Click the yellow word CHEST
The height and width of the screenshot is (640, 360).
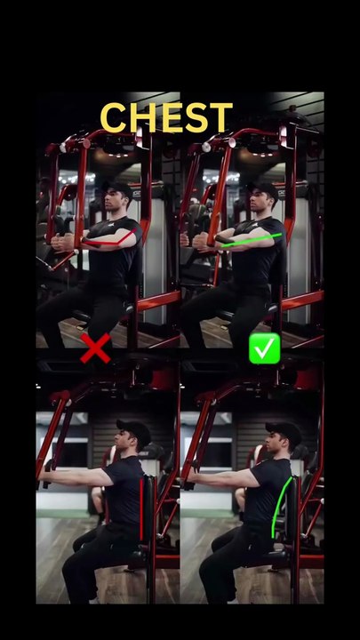tap(166, 117)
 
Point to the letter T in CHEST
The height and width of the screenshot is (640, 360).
tap(220, 117)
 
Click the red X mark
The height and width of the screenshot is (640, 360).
tap(95, 348)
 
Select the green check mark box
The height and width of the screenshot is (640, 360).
tap(264, 348)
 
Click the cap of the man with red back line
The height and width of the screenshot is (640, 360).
tap(133, 430)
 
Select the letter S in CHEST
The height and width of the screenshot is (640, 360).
tap(195, 117)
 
